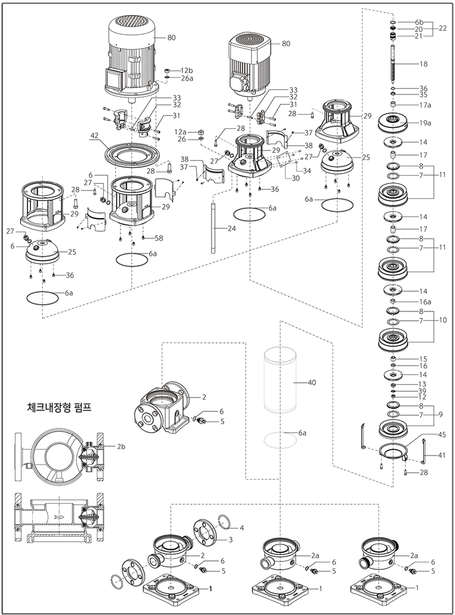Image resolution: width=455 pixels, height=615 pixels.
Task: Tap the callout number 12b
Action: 186,70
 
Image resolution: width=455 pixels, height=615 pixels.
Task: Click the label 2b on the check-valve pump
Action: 122,447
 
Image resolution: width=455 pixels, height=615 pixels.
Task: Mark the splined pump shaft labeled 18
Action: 392,64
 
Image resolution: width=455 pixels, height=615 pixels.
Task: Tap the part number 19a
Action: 425,123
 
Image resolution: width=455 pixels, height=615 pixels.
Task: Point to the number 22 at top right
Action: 443,29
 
